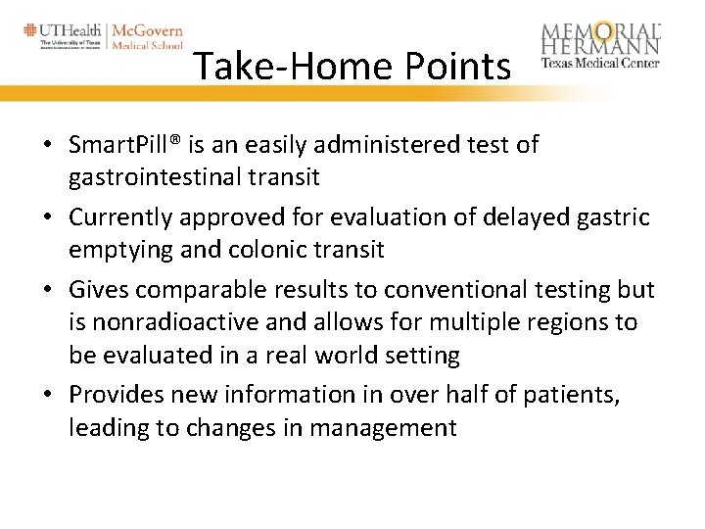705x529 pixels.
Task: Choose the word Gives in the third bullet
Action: click(x=98, y=290)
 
